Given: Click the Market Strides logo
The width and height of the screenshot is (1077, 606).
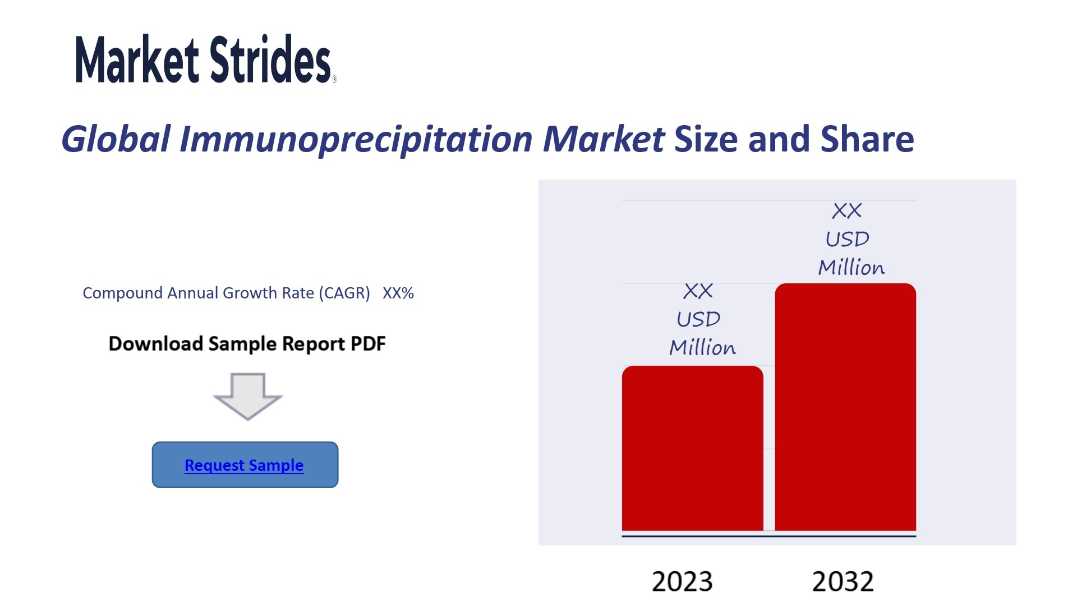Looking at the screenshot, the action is pyautogui.click(x=206, y=59).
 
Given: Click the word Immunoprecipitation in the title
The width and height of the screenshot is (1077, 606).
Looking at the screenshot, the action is pyautogui.click(x=356, y=140).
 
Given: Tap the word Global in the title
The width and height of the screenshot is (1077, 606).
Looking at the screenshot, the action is pyautogui.click(x=116, y=139).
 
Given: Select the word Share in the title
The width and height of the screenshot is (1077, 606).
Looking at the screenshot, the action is pyautogui.click(x=867, y=139).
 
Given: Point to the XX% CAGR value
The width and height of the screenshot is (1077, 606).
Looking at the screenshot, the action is pyautogui.click(x=398, y=293).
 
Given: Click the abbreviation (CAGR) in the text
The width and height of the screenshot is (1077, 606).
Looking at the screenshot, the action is pyautogui.click(x=344, y=293).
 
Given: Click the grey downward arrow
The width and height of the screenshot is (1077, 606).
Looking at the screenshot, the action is pyautogui.click(x=247, y=396).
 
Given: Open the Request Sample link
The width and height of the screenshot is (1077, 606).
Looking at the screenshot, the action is pyautogui.click(x=244, y=465).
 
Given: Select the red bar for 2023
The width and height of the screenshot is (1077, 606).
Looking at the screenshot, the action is pyautogui.click(x=692, y=448).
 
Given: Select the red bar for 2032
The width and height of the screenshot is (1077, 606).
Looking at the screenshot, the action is pyautogui.click(x=845, y=407).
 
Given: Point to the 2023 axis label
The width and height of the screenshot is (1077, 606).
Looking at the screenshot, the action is pyautogui.click(x=682, y=581).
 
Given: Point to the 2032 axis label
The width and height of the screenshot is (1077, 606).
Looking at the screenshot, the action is pyautogui.click(x=843, y=581).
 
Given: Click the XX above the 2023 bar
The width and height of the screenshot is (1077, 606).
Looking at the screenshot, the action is pyautogui.click(x=698, y=291).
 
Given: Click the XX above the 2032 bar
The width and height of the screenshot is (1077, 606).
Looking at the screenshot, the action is pyautogui.click(x=847, y=211).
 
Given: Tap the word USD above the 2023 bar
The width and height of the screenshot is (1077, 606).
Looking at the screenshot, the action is pyautogui.click(x=698, y=319).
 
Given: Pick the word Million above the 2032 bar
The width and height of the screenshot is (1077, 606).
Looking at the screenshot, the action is pyautogui.click(x=852, y=267).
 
